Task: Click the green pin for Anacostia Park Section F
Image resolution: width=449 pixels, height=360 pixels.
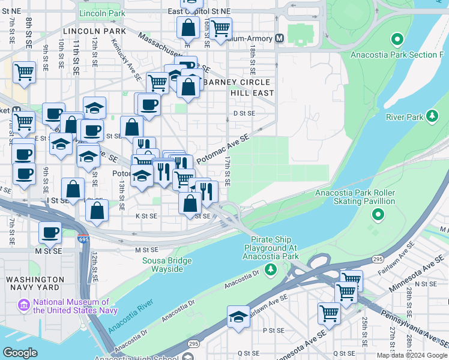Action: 396,41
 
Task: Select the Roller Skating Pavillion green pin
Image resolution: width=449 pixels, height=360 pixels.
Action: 378,214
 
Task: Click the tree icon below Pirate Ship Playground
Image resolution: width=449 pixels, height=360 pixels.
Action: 271,268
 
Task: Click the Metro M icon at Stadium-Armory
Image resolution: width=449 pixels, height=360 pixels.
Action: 280,38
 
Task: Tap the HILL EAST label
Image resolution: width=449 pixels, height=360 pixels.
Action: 252,93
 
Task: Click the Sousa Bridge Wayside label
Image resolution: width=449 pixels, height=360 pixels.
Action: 167,265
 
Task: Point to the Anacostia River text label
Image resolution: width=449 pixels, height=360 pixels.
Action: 128,318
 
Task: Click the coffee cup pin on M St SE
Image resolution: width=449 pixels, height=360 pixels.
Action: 50,232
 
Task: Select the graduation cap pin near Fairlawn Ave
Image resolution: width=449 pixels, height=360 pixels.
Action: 238,317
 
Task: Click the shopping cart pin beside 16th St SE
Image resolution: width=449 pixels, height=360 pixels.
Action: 221,27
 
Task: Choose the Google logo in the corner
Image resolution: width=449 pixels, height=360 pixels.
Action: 20,353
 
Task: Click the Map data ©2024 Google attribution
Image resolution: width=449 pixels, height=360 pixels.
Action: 411,355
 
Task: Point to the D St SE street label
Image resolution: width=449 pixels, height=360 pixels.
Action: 244,113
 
